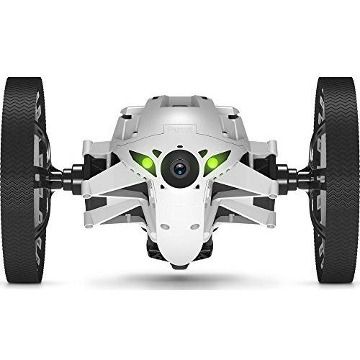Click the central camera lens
[179, 168]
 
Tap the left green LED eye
[146, 162]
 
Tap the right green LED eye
[215, 162]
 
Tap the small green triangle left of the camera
[157, 153]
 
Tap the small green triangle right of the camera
[203, 153]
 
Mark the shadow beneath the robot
[180, 277]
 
